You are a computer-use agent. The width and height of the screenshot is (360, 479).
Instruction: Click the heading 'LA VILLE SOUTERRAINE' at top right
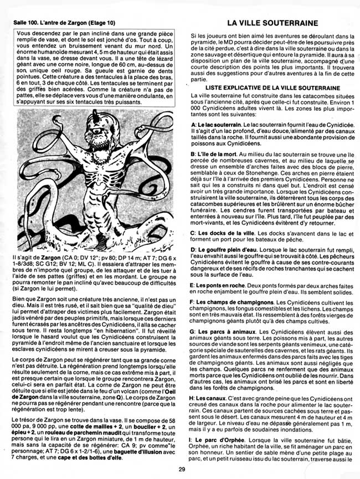[x=272, y=23]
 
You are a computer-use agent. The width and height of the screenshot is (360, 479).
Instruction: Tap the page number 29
[x=182, y=470]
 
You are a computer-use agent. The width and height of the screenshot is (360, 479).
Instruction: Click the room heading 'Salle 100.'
[x=26, y=24]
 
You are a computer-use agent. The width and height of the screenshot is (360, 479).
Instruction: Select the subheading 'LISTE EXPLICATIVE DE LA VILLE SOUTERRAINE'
[x=272, y=88]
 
